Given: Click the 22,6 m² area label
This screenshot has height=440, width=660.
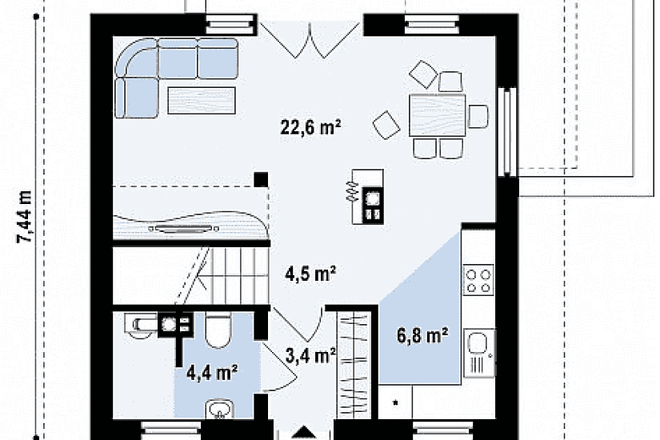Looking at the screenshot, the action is pos(310,126).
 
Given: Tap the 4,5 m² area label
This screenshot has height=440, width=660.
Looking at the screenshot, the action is pos(310,274).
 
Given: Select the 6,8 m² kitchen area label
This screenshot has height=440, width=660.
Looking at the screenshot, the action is pos(422,335).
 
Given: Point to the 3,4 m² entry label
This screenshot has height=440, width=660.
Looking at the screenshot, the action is pos(310,356).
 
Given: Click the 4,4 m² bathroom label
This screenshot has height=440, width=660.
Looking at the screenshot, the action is pos(212,373).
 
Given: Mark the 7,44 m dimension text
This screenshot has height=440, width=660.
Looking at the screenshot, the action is pos(25,217).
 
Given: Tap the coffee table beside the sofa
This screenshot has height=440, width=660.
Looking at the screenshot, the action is pos(202,100).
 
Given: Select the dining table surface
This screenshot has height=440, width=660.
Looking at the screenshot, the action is pos(438,115).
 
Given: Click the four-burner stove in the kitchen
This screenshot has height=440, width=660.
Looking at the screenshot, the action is pos(478,279).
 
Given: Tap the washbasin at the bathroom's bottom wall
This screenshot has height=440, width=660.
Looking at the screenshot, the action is pos(219,409).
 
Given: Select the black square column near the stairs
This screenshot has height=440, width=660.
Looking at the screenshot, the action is pos(261,179).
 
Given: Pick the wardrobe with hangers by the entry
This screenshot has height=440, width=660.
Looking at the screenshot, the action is pos(354,365).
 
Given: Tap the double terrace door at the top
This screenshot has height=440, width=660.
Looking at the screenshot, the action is pos(310,39).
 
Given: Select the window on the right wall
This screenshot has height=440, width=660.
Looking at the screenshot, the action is pos(507,131).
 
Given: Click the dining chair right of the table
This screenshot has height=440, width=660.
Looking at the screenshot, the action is pos(478,116).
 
